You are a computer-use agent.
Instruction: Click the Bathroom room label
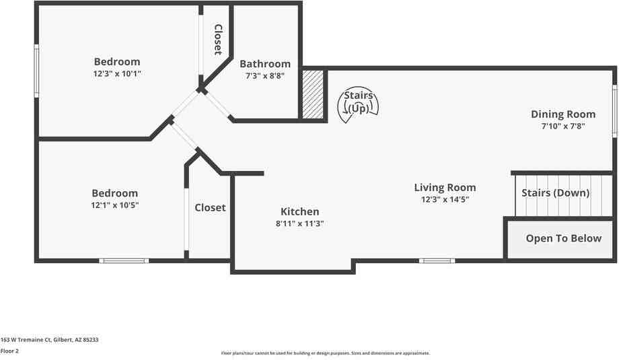[x=265, y=64]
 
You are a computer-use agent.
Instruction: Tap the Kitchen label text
[x=299, y=211]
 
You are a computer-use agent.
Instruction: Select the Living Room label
[x=445, y=188]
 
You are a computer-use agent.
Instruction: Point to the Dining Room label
[x=563, y=114]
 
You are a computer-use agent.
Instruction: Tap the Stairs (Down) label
[x=556, y=193]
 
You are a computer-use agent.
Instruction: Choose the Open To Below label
[x=563, y=238]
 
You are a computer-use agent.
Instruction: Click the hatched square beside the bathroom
[x=312, y=95]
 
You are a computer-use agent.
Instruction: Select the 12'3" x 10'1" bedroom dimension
[x=117, y=74]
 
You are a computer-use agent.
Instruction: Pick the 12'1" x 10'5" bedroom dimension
[x=114, y=205]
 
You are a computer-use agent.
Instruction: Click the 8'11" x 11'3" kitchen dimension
[x=299, y=224]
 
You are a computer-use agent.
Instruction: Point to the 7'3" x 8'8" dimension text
[x=265, y=76]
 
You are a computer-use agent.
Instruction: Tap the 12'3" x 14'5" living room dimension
[x=445, y=200]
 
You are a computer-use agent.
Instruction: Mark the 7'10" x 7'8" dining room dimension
[x=563, y=126]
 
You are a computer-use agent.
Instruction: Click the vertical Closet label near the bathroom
[x=218, y=40]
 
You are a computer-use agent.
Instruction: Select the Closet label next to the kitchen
[x=210, y=208]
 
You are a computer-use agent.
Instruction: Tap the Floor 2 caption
[x=9, y=351]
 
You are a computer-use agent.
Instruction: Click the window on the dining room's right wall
[x=614, y=111]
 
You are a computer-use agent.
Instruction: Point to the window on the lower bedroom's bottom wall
[x=124, y=260]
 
